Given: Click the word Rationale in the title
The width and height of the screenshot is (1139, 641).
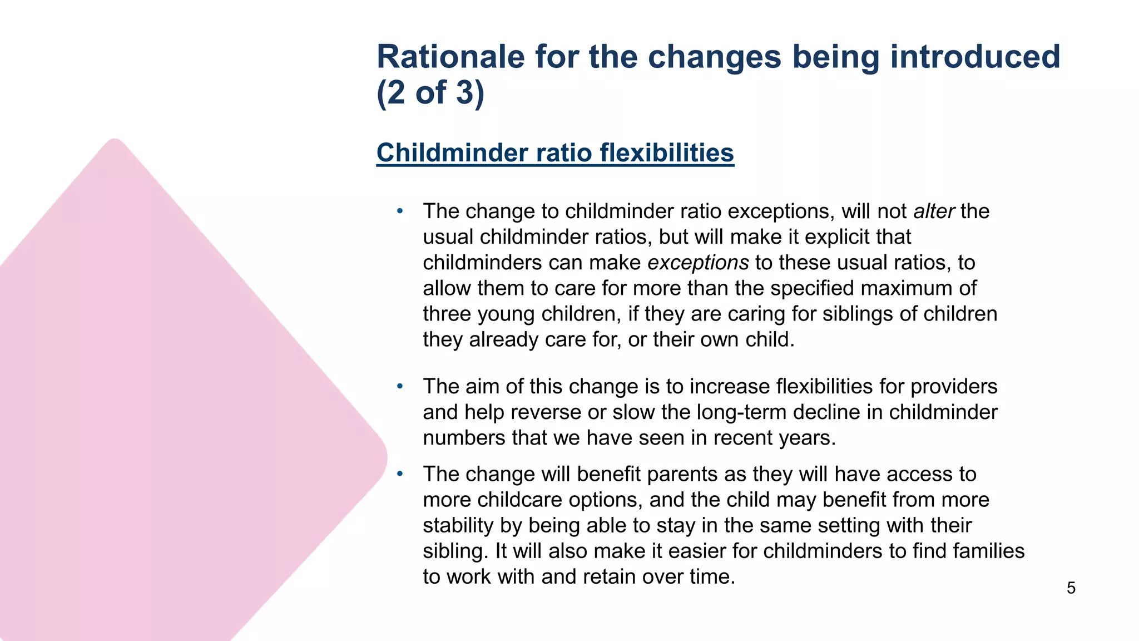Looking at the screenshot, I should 450,57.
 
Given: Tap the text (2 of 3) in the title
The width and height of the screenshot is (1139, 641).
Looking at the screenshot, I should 430,92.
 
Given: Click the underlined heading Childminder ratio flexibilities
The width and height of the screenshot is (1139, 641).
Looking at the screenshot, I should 555,153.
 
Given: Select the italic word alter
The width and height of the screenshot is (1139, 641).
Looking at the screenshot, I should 934,211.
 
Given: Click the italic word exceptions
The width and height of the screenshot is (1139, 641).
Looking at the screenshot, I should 698,263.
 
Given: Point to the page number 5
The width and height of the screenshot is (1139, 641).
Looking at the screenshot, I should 1071,588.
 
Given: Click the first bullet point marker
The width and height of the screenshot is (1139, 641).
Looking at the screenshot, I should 399,211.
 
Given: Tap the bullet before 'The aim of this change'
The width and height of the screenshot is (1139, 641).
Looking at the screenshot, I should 399,386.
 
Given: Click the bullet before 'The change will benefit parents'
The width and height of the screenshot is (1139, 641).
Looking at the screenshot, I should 399,474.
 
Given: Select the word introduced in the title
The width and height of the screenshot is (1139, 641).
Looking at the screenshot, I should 975,57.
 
